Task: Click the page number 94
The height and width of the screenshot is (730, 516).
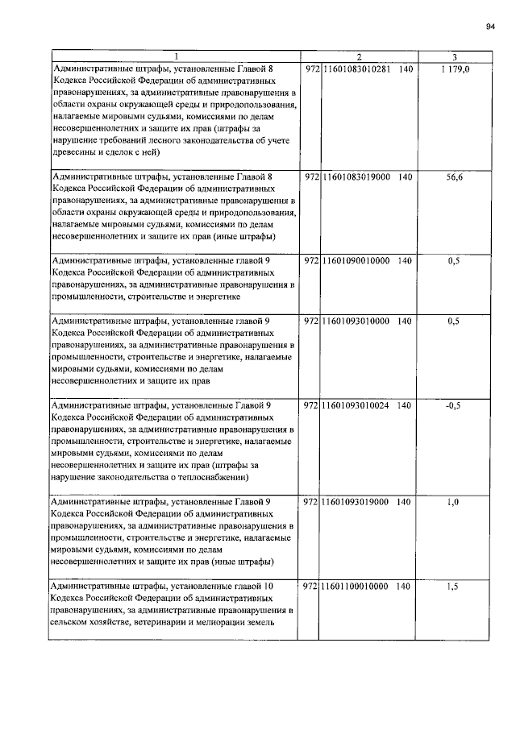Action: [x=490, y=26]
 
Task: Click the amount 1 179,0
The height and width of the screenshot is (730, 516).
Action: [x=455, y=71]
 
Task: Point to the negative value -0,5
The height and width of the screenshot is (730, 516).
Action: [x=454, y=405]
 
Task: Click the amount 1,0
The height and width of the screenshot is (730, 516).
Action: [x=454, y=502]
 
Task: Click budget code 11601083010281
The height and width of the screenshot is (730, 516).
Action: [x=356, y=71]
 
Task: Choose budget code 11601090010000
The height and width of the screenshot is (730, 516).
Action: [x=356, y=261]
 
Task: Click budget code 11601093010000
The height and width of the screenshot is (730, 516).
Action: [x=356, y=321]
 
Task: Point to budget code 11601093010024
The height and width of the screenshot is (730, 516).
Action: [x=356, y=405]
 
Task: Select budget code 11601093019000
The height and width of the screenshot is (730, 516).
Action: [x=356, y=502]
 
